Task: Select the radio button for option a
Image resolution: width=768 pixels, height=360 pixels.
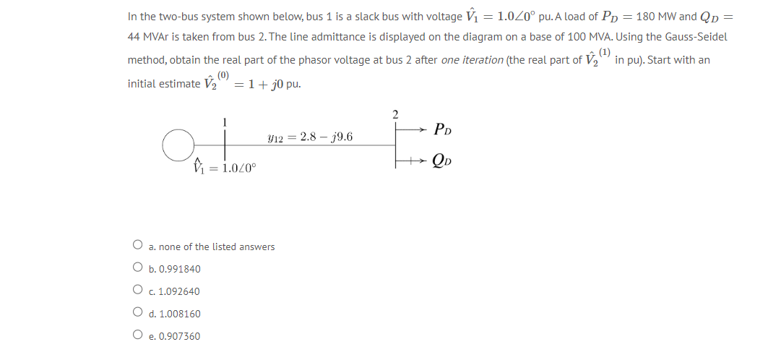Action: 137,247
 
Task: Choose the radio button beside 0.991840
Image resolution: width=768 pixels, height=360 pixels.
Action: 137,269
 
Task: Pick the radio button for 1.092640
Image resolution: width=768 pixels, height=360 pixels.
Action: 137,291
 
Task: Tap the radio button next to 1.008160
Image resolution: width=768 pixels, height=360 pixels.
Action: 137,314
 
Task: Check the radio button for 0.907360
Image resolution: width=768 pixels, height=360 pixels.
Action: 137,336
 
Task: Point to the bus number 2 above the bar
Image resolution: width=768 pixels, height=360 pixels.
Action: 395,113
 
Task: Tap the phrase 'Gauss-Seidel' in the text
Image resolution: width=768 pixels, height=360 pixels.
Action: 695,36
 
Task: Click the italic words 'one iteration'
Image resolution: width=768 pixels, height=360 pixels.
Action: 472,60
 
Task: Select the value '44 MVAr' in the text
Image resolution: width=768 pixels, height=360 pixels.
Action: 150,36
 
